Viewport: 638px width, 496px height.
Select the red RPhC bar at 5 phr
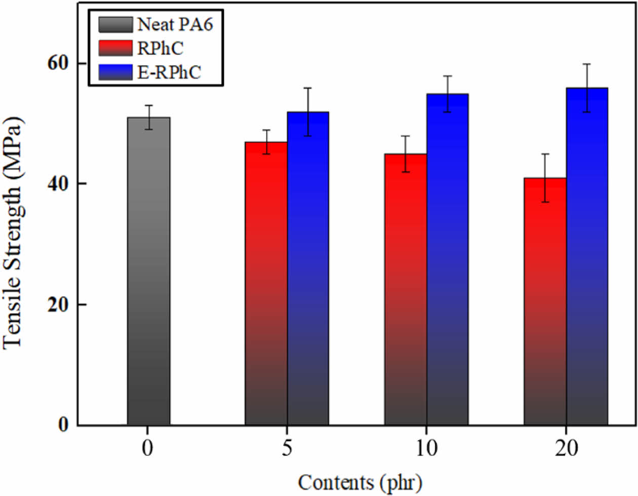coord(266,284)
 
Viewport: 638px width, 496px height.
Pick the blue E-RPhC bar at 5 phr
coord(308,269)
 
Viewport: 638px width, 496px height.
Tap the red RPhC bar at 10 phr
coord(406,289)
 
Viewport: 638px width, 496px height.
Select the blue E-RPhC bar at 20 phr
coord(587,256)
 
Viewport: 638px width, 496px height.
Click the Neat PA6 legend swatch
coord(115,24)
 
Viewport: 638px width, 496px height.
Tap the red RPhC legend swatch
coord(115,48)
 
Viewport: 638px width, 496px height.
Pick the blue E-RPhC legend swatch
coord(115,72)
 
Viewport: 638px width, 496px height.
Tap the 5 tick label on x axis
coord(287,448)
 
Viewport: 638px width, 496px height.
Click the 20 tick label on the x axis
coord(566,448)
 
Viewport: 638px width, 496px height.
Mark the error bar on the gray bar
coord(149,117)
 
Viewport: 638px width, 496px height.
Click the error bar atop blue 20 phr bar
coord(587,88)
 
